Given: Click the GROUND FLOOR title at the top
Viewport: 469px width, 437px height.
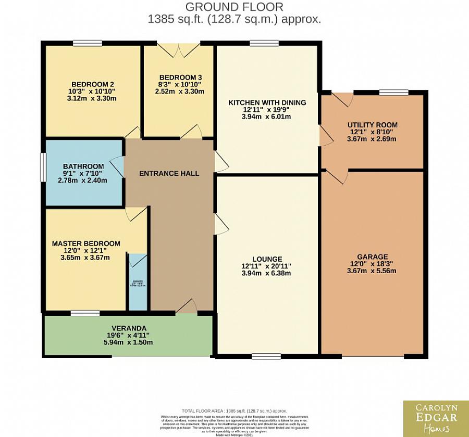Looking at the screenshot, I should pos(234,7).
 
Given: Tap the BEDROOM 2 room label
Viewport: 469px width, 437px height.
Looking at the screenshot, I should pos(93,84).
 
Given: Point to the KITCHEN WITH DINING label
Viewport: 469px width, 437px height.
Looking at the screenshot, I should pos(267,102).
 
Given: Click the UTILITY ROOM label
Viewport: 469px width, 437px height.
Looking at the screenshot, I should pos(372,125).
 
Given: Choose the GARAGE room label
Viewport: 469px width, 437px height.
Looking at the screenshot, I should pos(372,256).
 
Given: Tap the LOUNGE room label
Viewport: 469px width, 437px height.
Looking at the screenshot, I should pos(267,259).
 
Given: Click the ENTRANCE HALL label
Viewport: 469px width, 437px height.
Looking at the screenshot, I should pos(169,173).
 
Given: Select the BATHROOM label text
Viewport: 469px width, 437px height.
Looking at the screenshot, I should pos(83,166).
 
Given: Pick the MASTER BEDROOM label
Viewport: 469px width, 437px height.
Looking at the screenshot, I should pos(86,243).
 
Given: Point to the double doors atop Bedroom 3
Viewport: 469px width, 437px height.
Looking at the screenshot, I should pos(179,49).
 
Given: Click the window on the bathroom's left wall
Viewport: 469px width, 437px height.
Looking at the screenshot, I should pos(43,167).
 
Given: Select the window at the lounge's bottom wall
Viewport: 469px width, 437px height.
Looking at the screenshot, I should pos(266,356).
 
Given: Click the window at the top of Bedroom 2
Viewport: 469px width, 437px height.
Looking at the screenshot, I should pos(88,43).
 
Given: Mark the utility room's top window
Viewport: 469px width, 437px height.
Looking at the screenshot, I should pos(394,93).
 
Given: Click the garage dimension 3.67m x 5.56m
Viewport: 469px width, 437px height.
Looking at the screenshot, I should pos(372,271).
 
